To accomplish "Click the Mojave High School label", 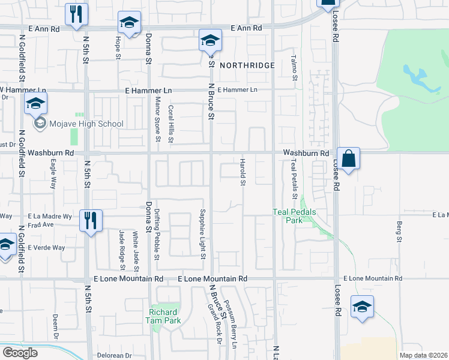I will click(x=86, y=124).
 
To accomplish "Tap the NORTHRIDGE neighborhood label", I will click(x=247, y=65).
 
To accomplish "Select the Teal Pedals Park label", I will click(x=295, y=216).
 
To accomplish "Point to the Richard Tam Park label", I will click(x=163, y=316).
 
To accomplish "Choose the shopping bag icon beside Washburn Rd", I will click(x=348, y=159).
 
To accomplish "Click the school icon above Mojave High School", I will click(x=36, y=104).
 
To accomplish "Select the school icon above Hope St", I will click(x=129, y=23).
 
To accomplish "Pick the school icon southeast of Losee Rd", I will click(x=362, y=308).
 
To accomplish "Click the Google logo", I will click(x=19, y=353).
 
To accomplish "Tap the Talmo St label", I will click(x=294, y=67).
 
